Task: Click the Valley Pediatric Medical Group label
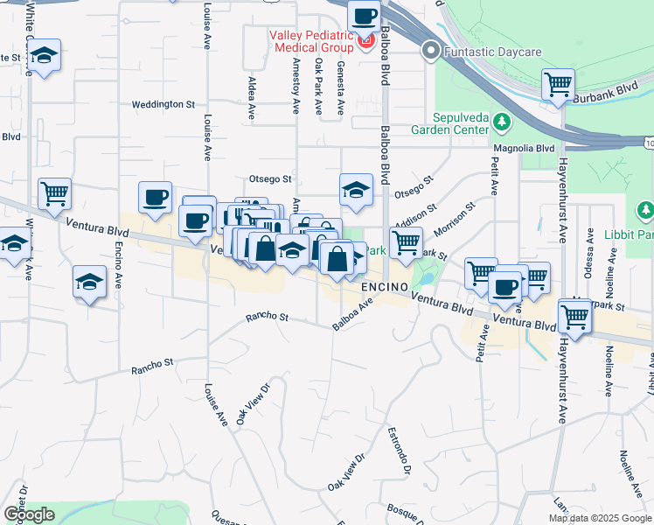click(x=310, y=40)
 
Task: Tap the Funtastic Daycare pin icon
click(x=430, y=51)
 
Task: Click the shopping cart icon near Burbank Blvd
click(x=557, y=84)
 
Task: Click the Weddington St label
click(x=163, y=104)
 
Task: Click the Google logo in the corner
click(x=29, y=514)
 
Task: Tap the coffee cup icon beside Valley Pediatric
click(x=363, y=15)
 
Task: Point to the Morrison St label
click(x=455, y=219)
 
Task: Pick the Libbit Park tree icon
click(x=645, y=211)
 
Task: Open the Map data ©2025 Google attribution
click(x=599, y=518)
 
